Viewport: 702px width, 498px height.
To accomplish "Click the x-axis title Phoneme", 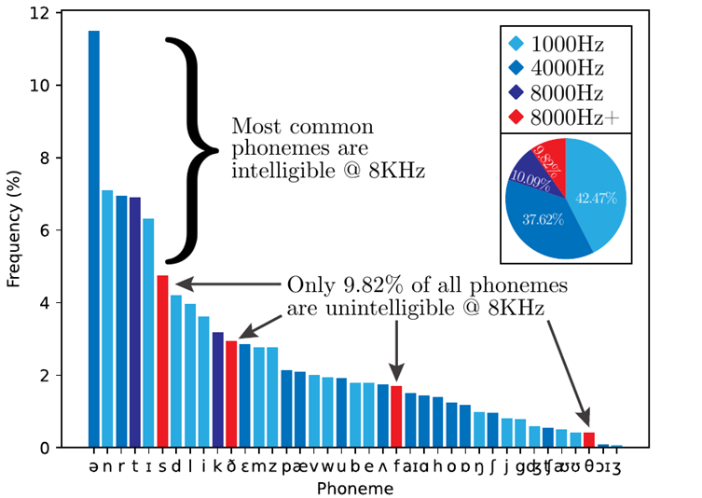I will point(355,488).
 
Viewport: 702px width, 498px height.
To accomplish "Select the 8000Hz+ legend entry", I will point(564,118).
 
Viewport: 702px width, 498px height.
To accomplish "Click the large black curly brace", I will point(192,149).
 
